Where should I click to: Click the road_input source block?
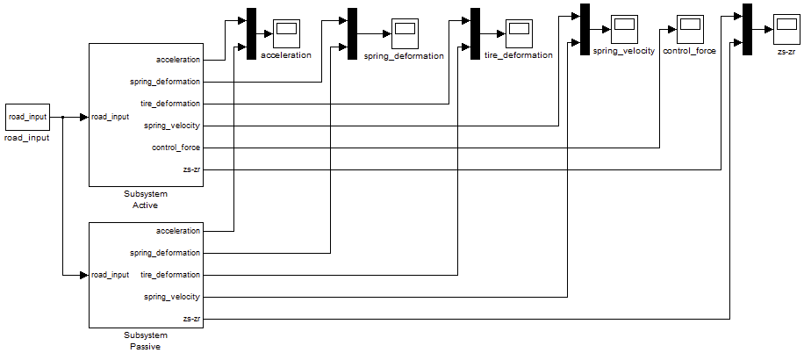tap(28, 116)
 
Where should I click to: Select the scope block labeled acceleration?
tap(286, 34)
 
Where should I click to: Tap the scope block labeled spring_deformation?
tap(405, 34)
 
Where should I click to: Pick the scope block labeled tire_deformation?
tap(519, 34)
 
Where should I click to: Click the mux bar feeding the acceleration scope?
tap(251, 34)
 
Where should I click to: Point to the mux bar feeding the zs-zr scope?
tap(747, 29)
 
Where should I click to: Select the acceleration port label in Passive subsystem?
tap(178, 231)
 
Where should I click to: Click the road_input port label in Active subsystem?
tap(111, 117)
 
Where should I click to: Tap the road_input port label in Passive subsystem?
tap(111, 275)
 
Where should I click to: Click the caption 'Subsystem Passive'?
tap(146, 340)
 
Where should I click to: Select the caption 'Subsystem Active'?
tap(146, 199)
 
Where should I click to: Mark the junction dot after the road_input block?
tap(63, 116)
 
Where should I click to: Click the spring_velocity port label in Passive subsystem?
tap(172, 297)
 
